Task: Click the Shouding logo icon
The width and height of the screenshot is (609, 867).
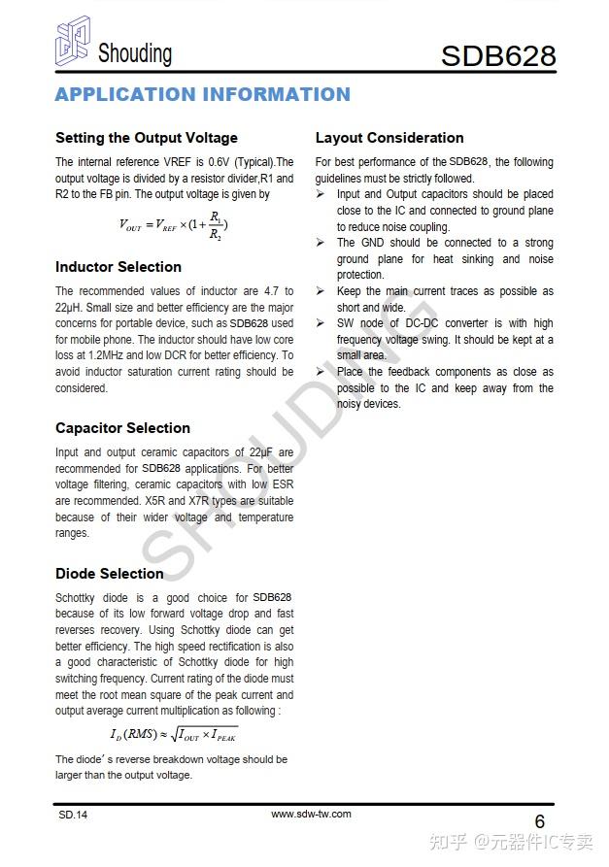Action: (73, 45)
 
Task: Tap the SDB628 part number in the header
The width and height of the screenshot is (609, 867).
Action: (497, 55)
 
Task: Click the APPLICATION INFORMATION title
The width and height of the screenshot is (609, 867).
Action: (202, 94)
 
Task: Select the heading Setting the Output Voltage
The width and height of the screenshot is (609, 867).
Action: (146, 138)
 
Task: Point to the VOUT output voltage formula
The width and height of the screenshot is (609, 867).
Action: (174, 225)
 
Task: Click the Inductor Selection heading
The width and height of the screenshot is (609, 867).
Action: (118, 267)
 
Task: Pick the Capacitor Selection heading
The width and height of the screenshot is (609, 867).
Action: (122, 428)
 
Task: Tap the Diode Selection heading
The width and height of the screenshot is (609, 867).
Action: (109, 574)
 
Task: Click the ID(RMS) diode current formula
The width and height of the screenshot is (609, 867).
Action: (174, 734)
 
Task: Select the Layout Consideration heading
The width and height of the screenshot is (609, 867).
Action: (389, 138)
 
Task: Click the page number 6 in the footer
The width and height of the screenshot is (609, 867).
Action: (540, 821)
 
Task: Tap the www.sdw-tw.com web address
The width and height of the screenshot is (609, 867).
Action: (311, 814)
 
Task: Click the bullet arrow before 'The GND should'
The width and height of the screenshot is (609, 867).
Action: (321, 243)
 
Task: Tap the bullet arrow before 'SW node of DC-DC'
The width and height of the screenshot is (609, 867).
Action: (321, 323)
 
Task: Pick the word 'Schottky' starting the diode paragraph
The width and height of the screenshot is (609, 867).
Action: (79, 598)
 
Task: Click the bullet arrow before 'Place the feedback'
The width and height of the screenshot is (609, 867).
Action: (321, 372)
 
